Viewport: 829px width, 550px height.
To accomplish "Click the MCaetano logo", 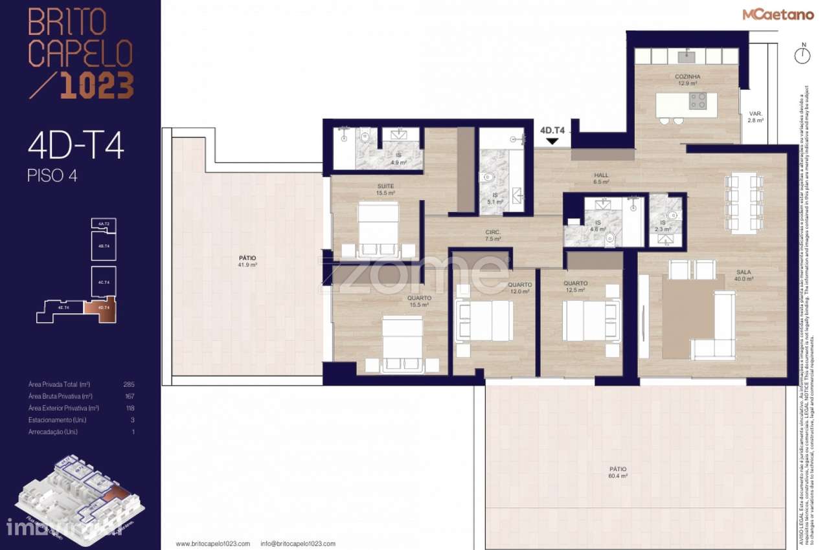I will pyautogui.click(x=778, y=14).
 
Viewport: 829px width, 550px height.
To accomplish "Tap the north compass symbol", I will pyautogui.click(x=803, y=54).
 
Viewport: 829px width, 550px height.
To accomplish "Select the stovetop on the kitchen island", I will pyautogui.click(x=698, y=100).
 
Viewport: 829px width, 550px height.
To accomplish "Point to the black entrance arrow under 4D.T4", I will pyautogui.click(x=552, y=140).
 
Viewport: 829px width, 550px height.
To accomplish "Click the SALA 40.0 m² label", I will pyautogui.click(x=744, y=276).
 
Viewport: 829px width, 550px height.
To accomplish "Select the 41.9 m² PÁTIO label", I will pyautogui.click(x=248, y=261).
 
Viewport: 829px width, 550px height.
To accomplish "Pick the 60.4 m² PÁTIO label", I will pyautogui.click(x=617, y=472).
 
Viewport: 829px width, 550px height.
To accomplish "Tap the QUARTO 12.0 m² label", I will pyautogui.click(x=519, y=288).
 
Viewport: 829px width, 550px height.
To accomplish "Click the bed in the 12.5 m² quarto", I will pyautogui.click(x=585, y=321).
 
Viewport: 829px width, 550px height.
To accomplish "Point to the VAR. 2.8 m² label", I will pyautogui.click(x=755, y=116).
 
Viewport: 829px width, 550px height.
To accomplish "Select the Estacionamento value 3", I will pyautogui.click(x=133, y=420).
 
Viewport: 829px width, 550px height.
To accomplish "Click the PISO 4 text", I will pyautogui.click(x=52, y=175).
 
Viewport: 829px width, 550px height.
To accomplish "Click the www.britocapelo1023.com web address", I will pyautogui.click(x=212, y=544).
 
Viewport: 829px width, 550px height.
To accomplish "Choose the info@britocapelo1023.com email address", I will pyautogui.click(x=298, y=544).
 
